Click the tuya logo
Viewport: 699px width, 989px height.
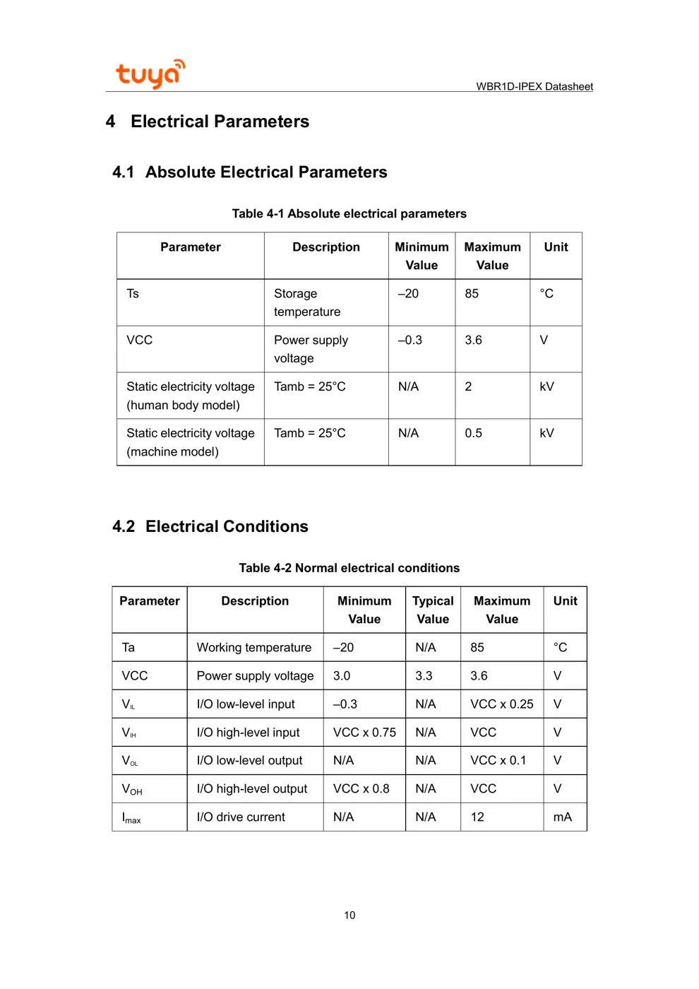click(x=150, y=73)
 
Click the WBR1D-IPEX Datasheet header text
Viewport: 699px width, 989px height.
click(x=534, y=86)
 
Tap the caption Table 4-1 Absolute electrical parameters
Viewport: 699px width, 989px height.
click(x=349, y=213)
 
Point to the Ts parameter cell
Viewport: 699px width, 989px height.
click(x=133, y=294)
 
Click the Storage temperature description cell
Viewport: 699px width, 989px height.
click(x=307, y=302)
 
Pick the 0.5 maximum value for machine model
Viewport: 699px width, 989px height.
click(x=473, y=433)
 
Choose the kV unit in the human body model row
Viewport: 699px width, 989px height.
click(x=546, y=386)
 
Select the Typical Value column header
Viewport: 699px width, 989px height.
click(x=433, y=610)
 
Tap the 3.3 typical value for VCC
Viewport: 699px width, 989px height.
click(x=424, y=676)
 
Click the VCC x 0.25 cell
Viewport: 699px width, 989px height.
click(x=501, y=704)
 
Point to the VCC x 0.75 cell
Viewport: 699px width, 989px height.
click(x=364, y=733)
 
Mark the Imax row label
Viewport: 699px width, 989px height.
click(x=131, y=818)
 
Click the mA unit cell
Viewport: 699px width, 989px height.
click(x=562, y=817)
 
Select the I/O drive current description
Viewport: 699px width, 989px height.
click(x=241, y=817)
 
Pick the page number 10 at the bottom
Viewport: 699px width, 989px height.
click(x=349, y=916)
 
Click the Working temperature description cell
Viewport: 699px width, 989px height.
click(x=253, y=648)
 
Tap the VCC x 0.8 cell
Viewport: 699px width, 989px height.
click(x=361, y=789)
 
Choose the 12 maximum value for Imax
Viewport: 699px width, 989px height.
click(x=477, y=817)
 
